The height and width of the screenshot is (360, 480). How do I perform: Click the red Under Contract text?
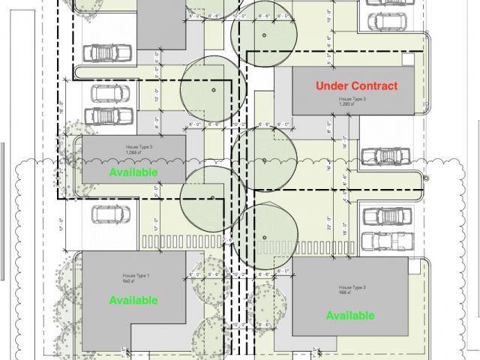click(356, 86)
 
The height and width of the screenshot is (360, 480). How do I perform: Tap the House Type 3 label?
click(352, 99)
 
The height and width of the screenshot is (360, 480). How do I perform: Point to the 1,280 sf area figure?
click(346, 104)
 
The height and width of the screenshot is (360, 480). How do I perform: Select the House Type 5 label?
click(139, 148)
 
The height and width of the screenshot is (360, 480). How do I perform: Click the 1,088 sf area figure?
click(134, 153)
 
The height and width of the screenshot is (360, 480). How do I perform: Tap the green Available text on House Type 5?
click(133, 172)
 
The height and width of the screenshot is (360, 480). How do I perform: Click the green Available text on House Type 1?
click(133, 301)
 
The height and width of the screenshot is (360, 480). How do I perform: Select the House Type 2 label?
click(352, 287)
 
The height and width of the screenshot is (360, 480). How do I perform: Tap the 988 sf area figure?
click(346, 292)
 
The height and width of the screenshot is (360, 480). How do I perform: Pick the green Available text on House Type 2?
click(349, 316)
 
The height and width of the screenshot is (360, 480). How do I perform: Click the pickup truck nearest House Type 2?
click(386, 241)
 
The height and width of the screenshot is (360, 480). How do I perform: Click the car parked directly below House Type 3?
click(385, 156)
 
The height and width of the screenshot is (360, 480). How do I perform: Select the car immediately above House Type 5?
click(109, 116)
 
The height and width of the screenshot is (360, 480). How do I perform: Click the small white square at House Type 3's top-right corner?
click(407, 59)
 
